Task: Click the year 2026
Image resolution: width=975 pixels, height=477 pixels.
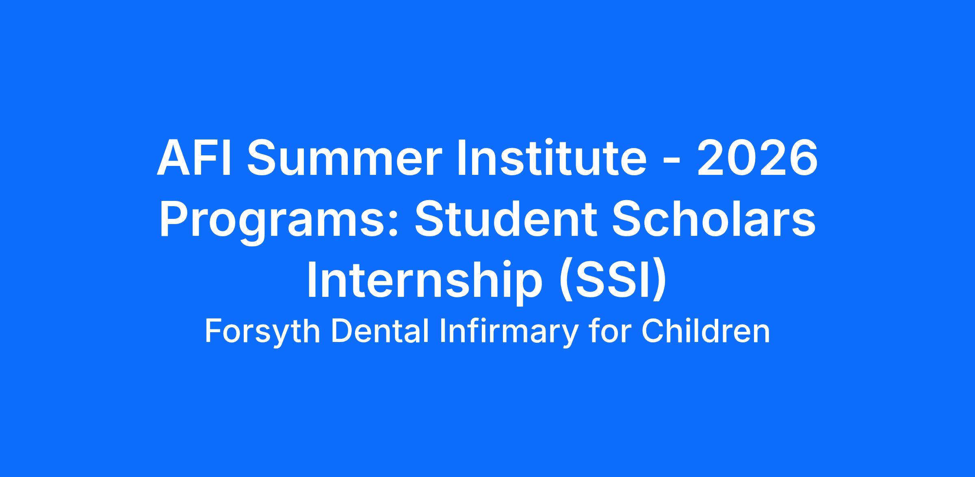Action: (x=758, y=159)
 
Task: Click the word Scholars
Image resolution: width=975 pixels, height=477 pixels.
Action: (x=713, y=219)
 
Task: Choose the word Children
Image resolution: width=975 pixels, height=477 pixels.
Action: (x=705, y=331)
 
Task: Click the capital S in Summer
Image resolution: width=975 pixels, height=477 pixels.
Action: (x=261, y=159)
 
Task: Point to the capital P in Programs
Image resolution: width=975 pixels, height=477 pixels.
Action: (x=175, y=220)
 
